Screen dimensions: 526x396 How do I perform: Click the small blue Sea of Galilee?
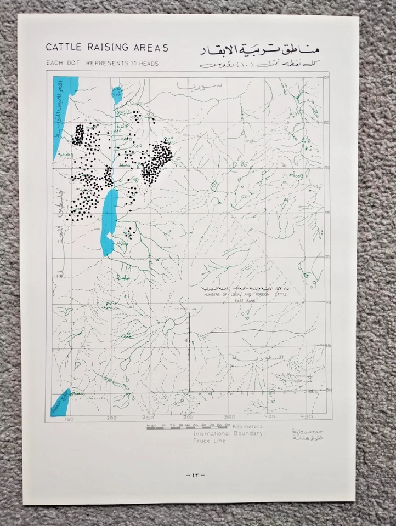tap(116, 94)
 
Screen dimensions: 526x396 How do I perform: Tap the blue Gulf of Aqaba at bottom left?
tap(62, 403)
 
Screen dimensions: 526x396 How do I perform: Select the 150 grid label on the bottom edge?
tap(70, 419)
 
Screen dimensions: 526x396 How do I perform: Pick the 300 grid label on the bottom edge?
tap(189, 419)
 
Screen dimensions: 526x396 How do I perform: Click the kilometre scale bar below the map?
tap(186, 425)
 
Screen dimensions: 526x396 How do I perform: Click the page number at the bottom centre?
tap(195, 474)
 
